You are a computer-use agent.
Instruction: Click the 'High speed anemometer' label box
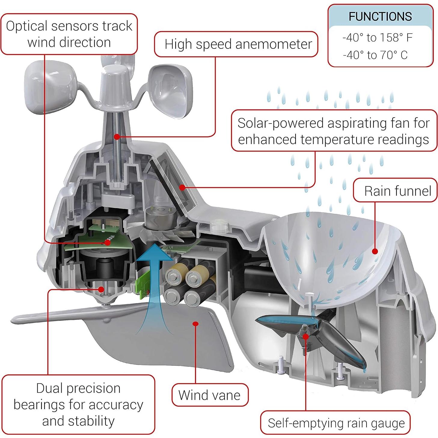[236, 44]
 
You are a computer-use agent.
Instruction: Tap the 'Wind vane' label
[210, 395]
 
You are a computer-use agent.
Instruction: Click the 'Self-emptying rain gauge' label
[336, 423]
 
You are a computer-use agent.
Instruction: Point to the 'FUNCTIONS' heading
[380, 17]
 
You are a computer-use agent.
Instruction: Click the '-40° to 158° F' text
[377, 38]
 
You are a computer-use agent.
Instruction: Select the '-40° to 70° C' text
[375, 55]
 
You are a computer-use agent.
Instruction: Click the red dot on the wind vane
[196, 324]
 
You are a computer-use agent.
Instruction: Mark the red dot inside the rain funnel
[375, 251]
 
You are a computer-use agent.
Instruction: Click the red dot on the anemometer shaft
[117, 137]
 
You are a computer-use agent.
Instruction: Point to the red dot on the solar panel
[182, 188]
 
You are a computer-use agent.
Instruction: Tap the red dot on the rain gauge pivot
[305, 336]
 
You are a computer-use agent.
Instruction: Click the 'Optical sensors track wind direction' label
[69, 34]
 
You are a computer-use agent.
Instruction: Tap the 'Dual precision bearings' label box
[78, 404]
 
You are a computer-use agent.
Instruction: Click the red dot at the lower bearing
[101, 289]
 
